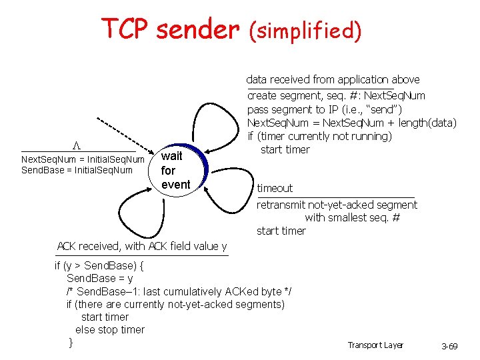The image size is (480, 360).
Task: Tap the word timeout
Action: pyautogui.click(x=275, y=188)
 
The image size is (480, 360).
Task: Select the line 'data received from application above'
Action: pyautogui.click(x=333, y=79)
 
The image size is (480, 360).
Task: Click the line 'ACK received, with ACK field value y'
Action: pyautogui.click(x=142, y=246)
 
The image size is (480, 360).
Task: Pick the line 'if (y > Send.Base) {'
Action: pyautogui.click(x=100, y=265)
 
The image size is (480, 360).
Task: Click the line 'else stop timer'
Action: pyautogui.click(x=110, y=329)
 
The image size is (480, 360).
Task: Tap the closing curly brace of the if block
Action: pyautogui.click(x=71, y=342)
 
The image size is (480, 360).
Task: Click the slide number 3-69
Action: pyautogui.click(x=449, y=347)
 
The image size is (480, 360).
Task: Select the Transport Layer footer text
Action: pyautogui.click(x=375, y=345)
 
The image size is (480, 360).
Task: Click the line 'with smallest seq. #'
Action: pyautogui.click(x=352, y=217)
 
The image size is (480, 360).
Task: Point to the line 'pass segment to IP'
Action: pyautogui.click(x=325, y=109)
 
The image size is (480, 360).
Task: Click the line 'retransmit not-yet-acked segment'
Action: pyautogui.click(x=337, y=205)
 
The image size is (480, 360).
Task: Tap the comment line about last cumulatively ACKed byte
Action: pyautogui.click(x=179, y=291)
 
